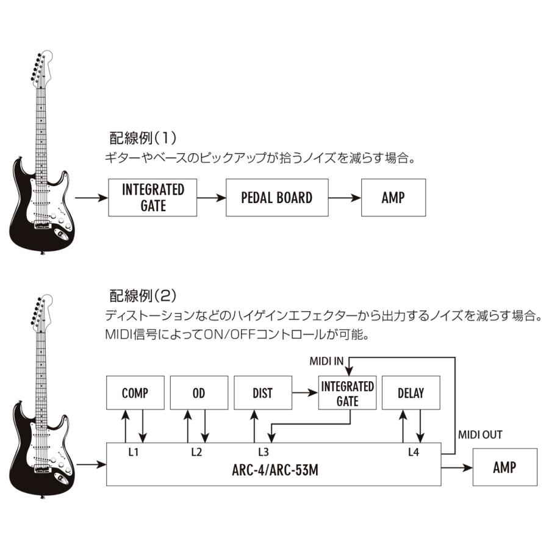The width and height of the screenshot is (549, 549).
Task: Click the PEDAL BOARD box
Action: tap(277, 198)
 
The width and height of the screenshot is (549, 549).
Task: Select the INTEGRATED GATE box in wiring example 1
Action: tap(152, 198)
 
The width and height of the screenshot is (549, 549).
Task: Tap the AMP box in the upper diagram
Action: tap(393, 198)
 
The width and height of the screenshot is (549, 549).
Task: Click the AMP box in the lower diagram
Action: tap(504, 467)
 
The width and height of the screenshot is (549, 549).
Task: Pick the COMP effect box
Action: tap(135, 393)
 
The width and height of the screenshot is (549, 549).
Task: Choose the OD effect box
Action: tap(198, 393)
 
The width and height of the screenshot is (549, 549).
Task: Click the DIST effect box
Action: tap(262, 393)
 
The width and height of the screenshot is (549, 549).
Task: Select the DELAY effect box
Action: tap(411, 393)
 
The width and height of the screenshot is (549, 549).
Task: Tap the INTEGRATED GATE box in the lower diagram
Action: tap(347, 393)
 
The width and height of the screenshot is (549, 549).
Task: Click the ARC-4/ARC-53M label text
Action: tap(273, 471)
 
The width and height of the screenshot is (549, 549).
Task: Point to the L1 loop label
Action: tap(134, 452)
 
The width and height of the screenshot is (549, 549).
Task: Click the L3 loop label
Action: tap(263, 452)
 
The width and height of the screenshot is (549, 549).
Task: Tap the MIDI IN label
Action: tap(326, 361)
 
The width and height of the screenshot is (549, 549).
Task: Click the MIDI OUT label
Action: tap(480, 435)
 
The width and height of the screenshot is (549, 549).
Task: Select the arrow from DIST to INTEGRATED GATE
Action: tap(304, 393)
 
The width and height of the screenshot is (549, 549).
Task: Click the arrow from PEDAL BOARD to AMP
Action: tap(345, 198)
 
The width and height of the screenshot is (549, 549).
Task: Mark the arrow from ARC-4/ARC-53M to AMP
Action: tap(457, 468)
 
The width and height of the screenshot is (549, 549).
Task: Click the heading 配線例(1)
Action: tap(142, 137)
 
